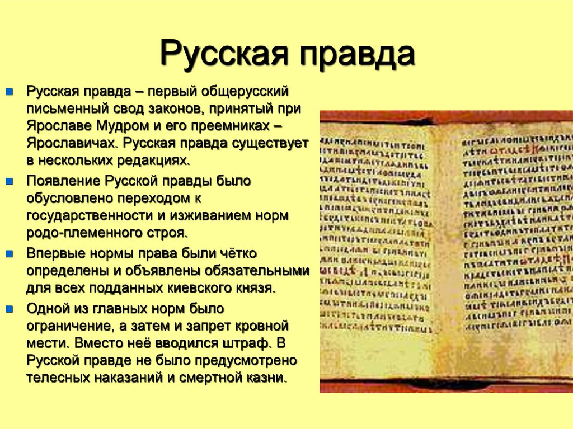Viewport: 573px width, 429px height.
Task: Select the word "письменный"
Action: tap(61, 109)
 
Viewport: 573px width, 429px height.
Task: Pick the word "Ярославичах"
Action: tap(71, 143)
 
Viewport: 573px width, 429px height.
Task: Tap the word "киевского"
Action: tap(196, 289)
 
